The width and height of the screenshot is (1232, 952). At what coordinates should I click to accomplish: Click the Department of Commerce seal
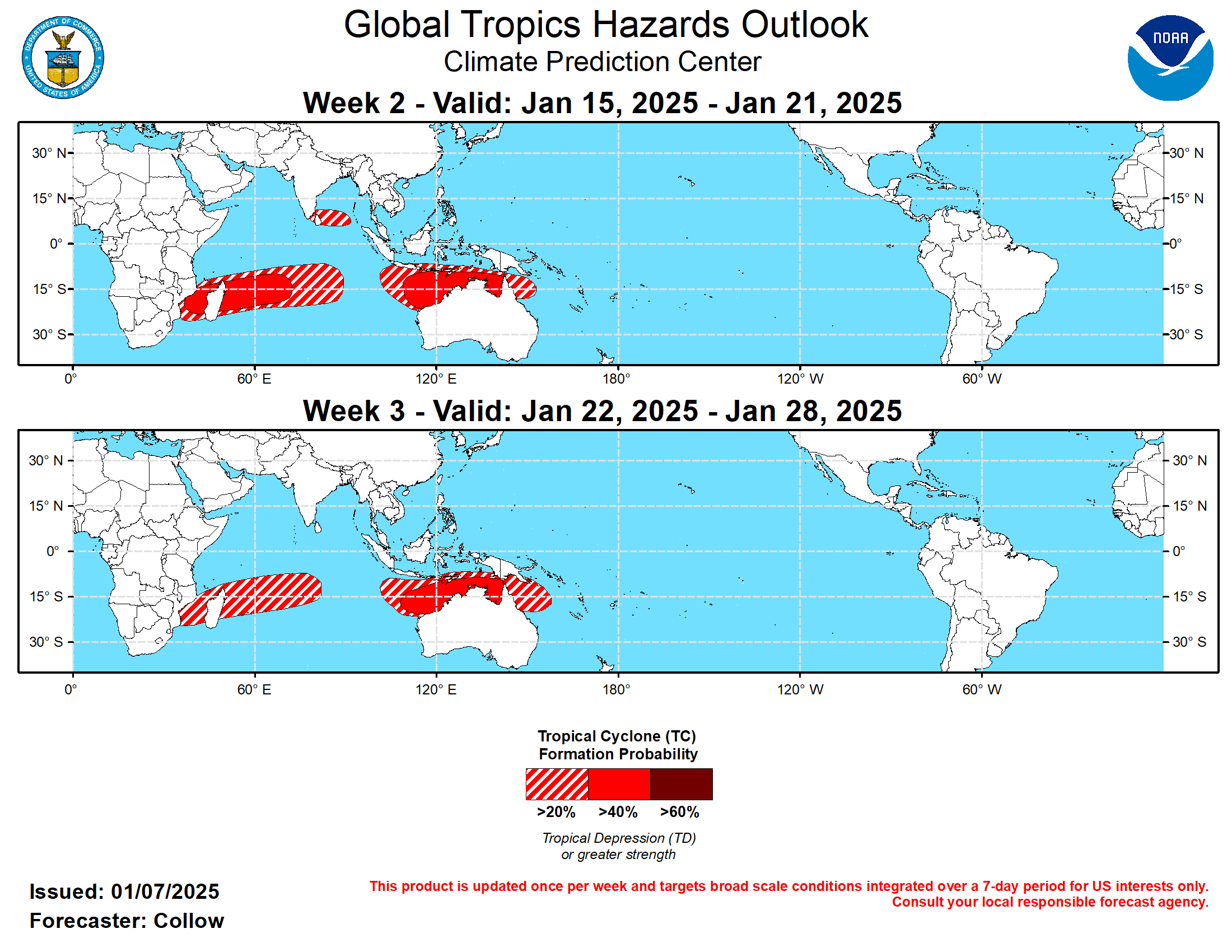click(63, 58)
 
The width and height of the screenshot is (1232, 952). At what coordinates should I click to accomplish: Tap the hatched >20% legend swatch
click(556, 783)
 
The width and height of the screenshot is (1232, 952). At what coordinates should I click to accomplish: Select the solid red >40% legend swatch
click(618, 783)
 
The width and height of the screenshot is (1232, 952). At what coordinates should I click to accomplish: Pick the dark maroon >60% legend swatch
click(681, 783)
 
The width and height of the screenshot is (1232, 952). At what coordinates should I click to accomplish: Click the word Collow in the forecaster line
click(188, 921)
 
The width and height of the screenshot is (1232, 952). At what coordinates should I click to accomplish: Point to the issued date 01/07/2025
click(165, 892)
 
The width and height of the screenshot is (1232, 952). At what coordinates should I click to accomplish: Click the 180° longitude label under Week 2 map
click(616, 379)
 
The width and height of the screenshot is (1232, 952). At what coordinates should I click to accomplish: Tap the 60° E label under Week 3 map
click(254, 689)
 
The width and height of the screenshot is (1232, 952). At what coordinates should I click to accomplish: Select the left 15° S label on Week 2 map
click(49, 290)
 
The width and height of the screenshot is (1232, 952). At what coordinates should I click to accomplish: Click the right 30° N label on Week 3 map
click(1189, 460)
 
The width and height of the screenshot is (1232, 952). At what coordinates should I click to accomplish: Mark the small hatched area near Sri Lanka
click(332, 218)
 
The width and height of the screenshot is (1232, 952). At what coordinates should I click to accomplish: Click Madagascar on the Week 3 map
click(215, 608)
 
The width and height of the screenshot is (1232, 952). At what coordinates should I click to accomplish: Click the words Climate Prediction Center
click(602, 62)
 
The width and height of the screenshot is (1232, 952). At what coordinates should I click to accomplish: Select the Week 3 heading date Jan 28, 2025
click(813, 410)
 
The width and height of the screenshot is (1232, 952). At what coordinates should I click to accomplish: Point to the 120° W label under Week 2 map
click(800, 379)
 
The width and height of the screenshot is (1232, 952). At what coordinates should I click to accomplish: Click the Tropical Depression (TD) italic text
click(618, 838)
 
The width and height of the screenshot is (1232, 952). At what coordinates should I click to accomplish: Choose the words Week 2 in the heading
click(354, 103)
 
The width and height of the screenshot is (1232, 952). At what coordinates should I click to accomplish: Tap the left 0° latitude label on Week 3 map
click(53, 550)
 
